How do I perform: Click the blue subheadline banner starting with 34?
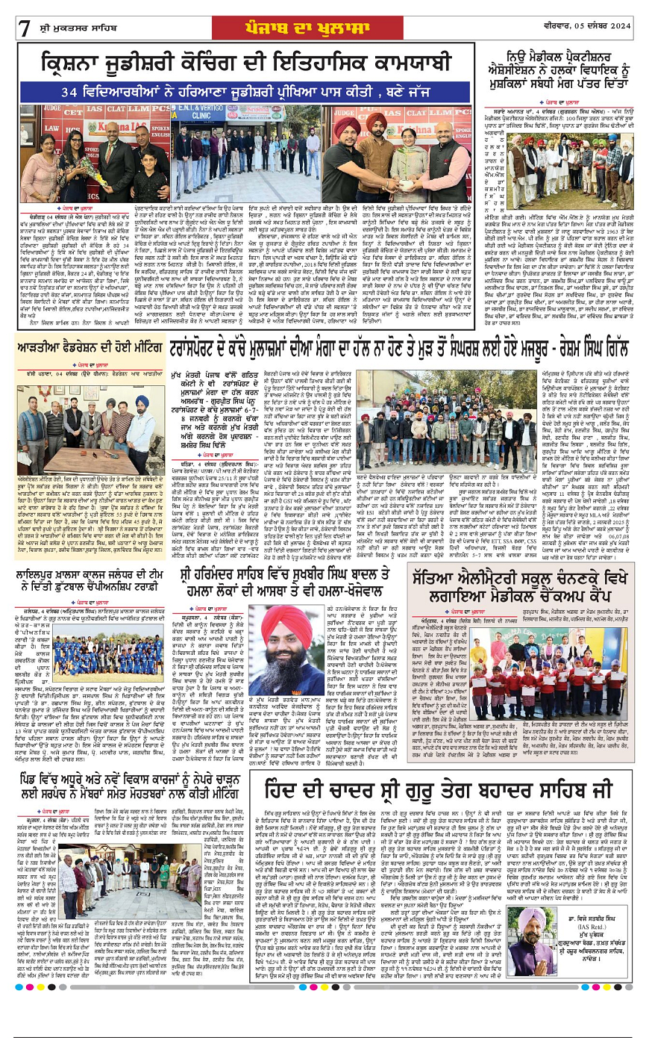pyautogui.click(x=245, y=91)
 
